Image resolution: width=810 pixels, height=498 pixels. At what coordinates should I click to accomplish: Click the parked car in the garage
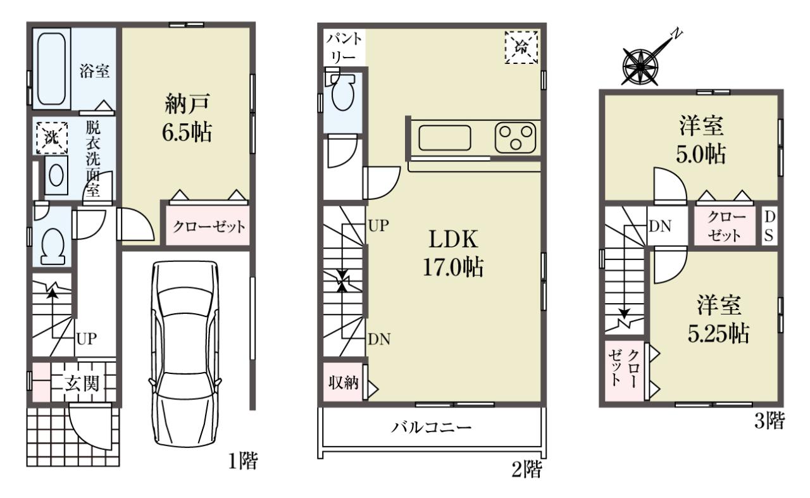tap(185, 354)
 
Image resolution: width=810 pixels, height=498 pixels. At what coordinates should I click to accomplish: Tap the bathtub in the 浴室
tap(52, 69)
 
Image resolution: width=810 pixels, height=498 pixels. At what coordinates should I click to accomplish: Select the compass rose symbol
tap(640, 67)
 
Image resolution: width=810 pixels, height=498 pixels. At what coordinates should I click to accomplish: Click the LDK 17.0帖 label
tap(453, 254)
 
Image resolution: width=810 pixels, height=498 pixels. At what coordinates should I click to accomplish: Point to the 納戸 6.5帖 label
tap(187, 118)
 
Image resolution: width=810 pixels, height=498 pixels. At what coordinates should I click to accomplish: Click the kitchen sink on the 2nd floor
tap(445, 138)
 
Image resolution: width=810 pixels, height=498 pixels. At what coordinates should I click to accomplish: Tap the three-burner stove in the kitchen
tap(516, 137)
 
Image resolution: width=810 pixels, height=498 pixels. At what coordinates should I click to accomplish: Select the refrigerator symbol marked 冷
tap(521, 47)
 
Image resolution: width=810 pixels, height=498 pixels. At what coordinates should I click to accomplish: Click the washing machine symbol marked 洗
tap(52, 138)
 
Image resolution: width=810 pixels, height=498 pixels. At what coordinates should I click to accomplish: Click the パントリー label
tap(344, 47)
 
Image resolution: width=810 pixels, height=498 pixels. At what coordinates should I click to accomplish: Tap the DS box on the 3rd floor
tap(769, 227)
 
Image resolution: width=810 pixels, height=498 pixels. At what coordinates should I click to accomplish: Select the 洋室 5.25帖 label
tap(718, 320)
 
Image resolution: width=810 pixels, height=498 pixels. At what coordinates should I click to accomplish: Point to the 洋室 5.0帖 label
tap(701, 140)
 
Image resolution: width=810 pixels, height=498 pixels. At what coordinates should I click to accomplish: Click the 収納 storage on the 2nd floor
tap(344, 382)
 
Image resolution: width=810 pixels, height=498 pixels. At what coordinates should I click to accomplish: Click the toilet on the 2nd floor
tap(342, 92)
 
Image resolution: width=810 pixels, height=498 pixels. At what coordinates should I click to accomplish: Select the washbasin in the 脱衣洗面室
tap(56, 176)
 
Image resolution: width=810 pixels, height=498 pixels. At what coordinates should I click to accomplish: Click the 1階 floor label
tap(242, 461)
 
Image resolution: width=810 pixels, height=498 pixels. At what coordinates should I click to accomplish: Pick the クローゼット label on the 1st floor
tap(209, 227)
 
